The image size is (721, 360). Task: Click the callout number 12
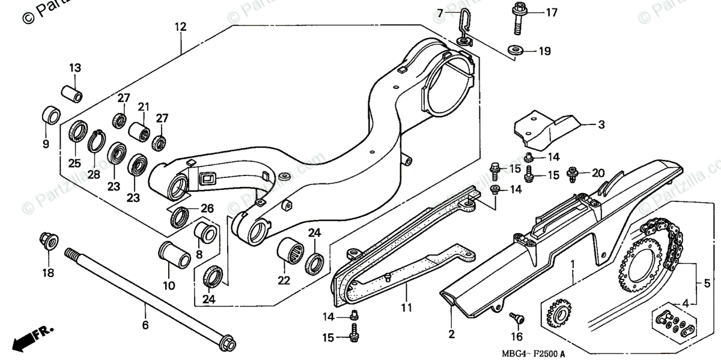pos(180,26)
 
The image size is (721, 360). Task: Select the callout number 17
pos(552,11)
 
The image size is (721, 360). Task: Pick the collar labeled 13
pos(72,94)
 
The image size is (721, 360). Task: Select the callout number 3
pos(601,125)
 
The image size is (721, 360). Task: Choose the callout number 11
pos(406,308)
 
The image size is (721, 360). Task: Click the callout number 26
pos(207,209)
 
